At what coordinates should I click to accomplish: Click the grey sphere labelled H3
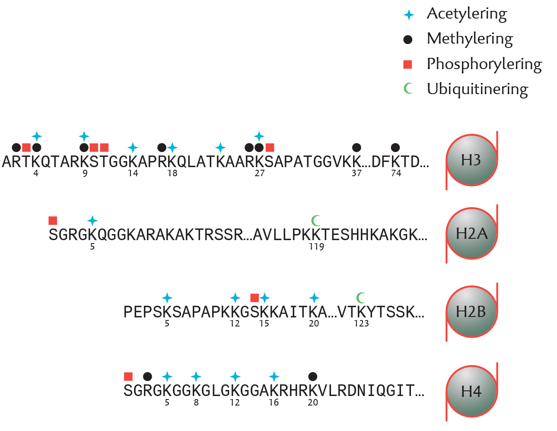coord(471,160)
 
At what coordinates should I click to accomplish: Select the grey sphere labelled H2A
coord(471,233)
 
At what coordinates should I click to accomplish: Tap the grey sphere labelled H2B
coord(471,312)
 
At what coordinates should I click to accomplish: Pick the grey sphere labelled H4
coord(471,392)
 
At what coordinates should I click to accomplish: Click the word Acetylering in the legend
coord(467,14)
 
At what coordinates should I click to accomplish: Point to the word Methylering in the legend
coord(470,39)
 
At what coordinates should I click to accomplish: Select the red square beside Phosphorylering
coord(407,64)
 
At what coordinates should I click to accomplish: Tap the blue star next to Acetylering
coord(409,15)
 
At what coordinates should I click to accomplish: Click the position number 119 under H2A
coord(316,247)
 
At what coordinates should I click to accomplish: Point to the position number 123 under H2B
coord(361,324)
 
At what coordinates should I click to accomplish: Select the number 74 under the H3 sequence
coord(396,173)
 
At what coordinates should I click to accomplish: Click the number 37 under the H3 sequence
coord(356,173)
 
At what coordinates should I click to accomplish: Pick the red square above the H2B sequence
coord(255,298)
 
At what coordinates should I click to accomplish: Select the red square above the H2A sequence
coord(53,221)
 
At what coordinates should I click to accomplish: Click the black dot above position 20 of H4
coord(312,377)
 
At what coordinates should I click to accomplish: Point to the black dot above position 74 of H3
coord(395,148)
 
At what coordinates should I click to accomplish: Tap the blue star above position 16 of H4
coord(274,377)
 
